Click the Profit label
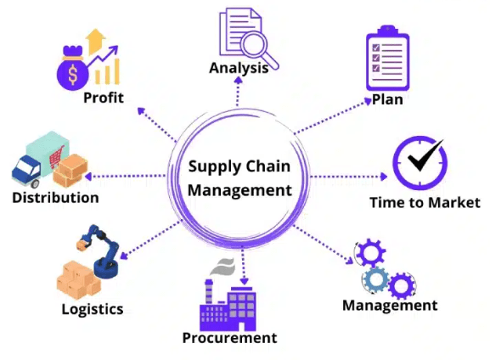[x=104, y=98]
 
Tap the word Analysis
[x=239, y=68]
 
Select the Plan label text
[x=387, y=100]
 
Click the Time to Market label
[x=425, y=202]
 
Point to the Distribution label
[x=55, y=198]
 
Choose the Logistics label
[x=93, y=309]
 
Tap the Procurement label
[x=229, y=338]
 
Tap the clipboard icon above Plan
[x=387, y=59]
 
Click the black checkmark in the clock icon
[x=425, y=155]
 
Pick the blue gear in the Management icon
[x=376, y=279]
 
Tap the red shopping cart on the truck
[x=57, y=157]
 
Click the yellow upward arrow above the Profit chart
[x=96, y=42]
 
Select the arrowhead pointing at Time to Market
[x=384, y=177]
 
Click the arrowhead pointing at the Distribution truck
[x=88, y=177]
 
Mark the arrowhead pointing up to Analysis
[x=239, y=81]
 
